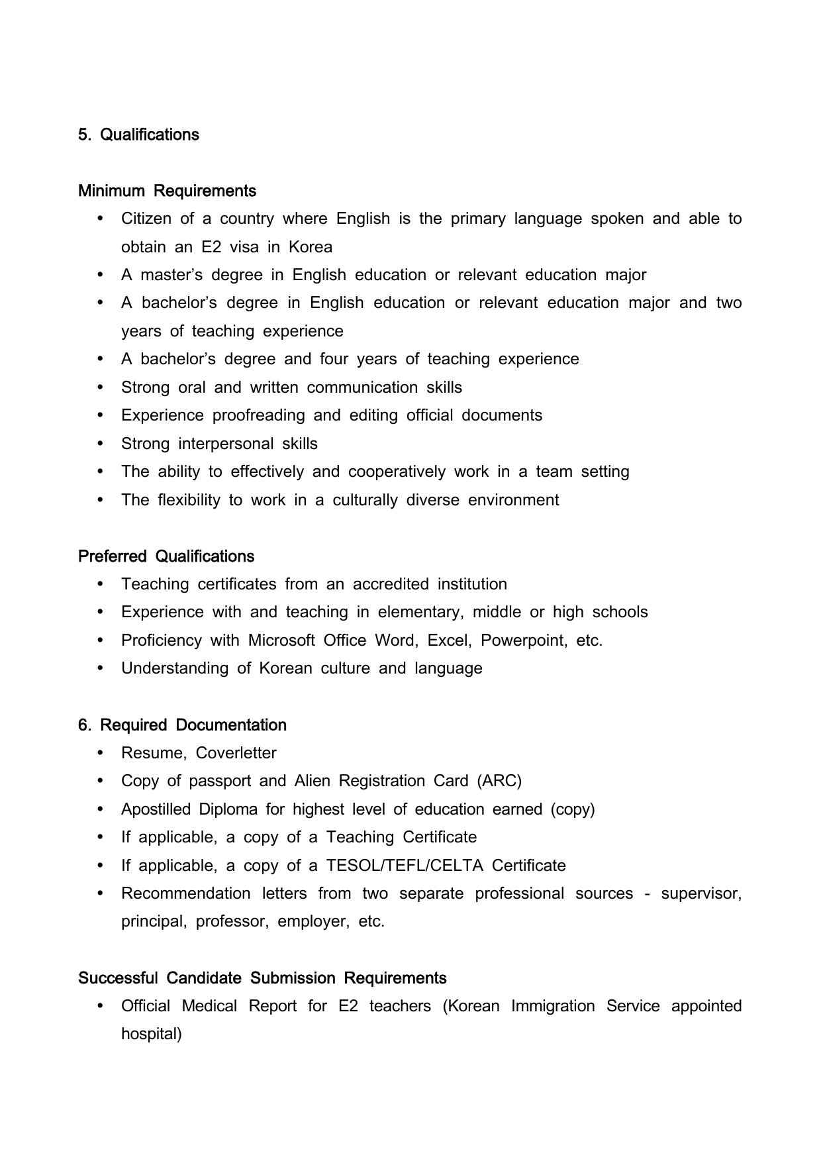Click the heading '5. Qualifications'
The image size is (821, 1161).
[x=138, y=135]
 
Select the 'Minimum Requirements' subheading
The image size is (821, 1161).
[x=167, y=191]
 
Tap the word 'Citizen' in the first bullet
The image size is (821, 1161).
[x=146, y=219]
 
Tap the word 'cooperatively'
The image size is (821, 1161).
[x=397, y=472]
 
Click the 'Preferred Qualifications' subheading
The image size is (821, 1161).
[x=166, y=556]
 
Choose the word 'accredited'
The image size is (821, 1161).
[x=391, y=585]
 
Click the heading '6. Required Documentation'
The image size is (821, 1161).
[x=182, y=725]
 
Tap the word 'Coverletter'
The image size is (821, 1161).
[x=236, y=754]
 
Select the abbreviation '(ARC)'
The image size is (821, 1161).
[x=499, y=782]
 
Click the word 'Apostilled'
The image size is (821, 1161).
[x=157, y=810]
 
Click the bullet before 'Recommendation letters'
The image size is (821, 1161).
[x=101, y=894]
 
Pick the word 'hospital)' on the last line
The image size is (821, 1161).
[x=151, y=1035]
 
